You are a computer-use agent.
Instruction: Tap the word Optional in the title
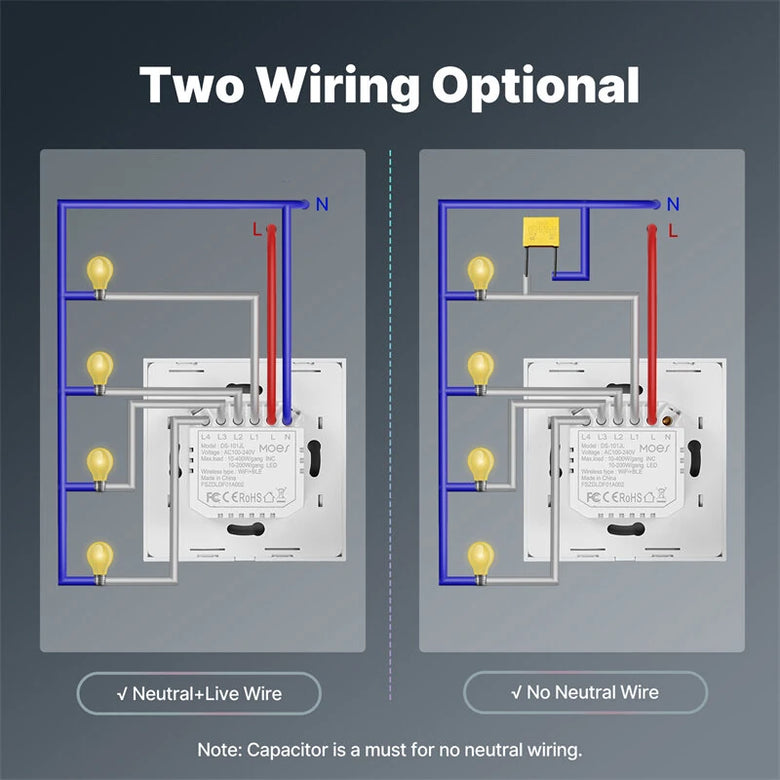535,86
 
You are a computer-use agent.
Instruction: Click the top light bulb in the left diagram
99,273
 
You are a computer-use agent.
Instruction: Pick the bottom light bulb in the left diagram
99,558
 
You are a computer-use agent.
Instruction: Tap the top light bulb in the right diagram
481,273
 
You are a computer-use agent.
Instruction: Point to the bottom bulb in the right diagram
481,558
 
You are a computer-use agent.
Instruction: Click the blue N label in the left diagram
321,205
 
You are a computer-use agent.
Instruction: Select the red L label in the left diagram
257,229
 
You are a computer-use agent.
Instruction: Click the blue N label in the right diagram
673,205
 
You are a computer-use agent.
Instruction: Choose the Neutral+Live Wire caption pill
199,693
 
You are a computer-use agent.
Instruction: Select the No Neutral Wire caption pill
585,692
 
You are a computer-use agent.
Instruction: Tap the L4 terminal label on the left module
206,437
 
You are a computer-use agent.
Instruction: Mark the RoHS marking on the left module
249,497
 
